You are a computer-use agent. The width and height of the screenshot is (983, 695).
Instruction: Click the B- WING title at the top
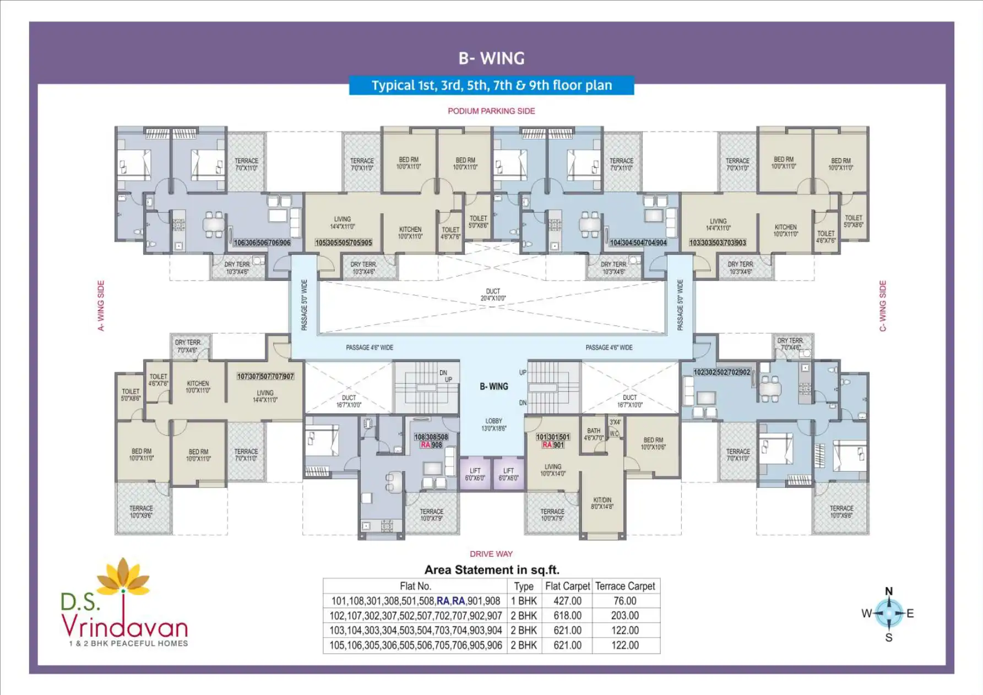coord(491,58)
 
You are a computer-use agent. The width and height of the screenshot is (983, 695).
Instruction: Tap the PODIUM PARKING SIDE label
coord(491,111)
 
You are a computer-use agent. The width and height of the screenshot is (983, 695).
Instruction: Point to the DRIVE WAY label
coord(491,554)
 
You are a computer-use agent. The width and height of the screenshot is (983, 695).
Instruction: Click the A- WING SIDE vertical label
coord(101,306)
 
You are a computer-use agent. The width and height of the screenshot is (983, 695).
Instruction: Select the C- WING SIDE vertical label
coord(883,306)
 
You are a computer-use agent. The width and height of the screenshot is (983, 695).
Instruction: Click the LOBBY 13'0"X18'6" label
coord(493,425)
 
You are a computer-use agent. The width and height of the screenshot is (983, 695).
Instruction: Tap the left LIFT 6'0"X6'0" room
coord(475,474)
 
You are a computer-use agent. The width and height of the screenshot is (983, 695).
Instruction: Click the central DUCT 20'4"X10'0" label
coord(493,295)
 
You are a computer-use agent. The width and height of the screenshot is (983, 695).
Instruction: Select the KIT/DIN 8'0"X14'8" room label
coord(602,503)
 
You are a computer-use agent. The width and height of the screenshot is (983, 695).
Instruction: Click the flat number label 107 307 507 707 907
coord(265,377)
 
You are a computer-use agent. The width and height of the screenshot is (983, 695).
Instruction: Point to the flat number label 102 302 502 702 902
coord(722,372)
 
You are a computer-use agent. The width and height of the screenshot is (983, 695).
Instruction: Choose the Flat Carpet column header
coord(567,586)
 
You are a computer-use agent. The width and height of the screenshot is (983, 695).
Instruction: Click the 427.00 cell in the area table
coord(567,601)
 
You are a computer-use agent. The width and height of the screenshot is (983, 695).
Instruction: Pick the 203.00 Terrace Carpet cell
coord(625,616)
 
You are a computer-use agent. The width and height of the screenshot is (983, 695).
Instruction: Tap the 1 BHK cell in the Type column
coord(523,601)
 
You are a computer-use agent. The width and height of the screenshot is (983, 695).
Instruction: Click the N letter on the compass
coord(889,591)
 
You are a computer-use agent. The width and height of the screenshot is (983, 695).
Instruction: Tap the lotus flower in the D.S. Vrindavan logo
coord(123,575)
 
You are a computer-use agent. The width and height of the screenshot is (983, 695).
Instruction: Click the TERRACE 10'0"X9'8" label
coord(841,512)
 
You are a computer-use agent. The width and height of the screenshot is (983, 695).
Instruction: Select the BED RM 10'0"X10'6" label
coord(653,443)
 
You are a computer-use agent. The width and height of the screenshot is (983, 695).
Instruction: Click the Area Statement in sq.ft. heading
coord(491,570)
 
